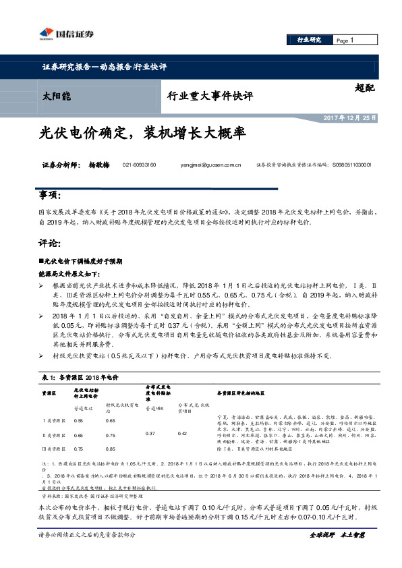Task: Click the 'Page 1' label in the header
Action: (344, 40)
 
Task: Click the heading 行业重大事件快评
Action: (210, 96)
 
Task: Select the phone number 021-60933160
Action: (140, 165)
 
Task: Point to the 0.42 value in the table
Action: (181, 434)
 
